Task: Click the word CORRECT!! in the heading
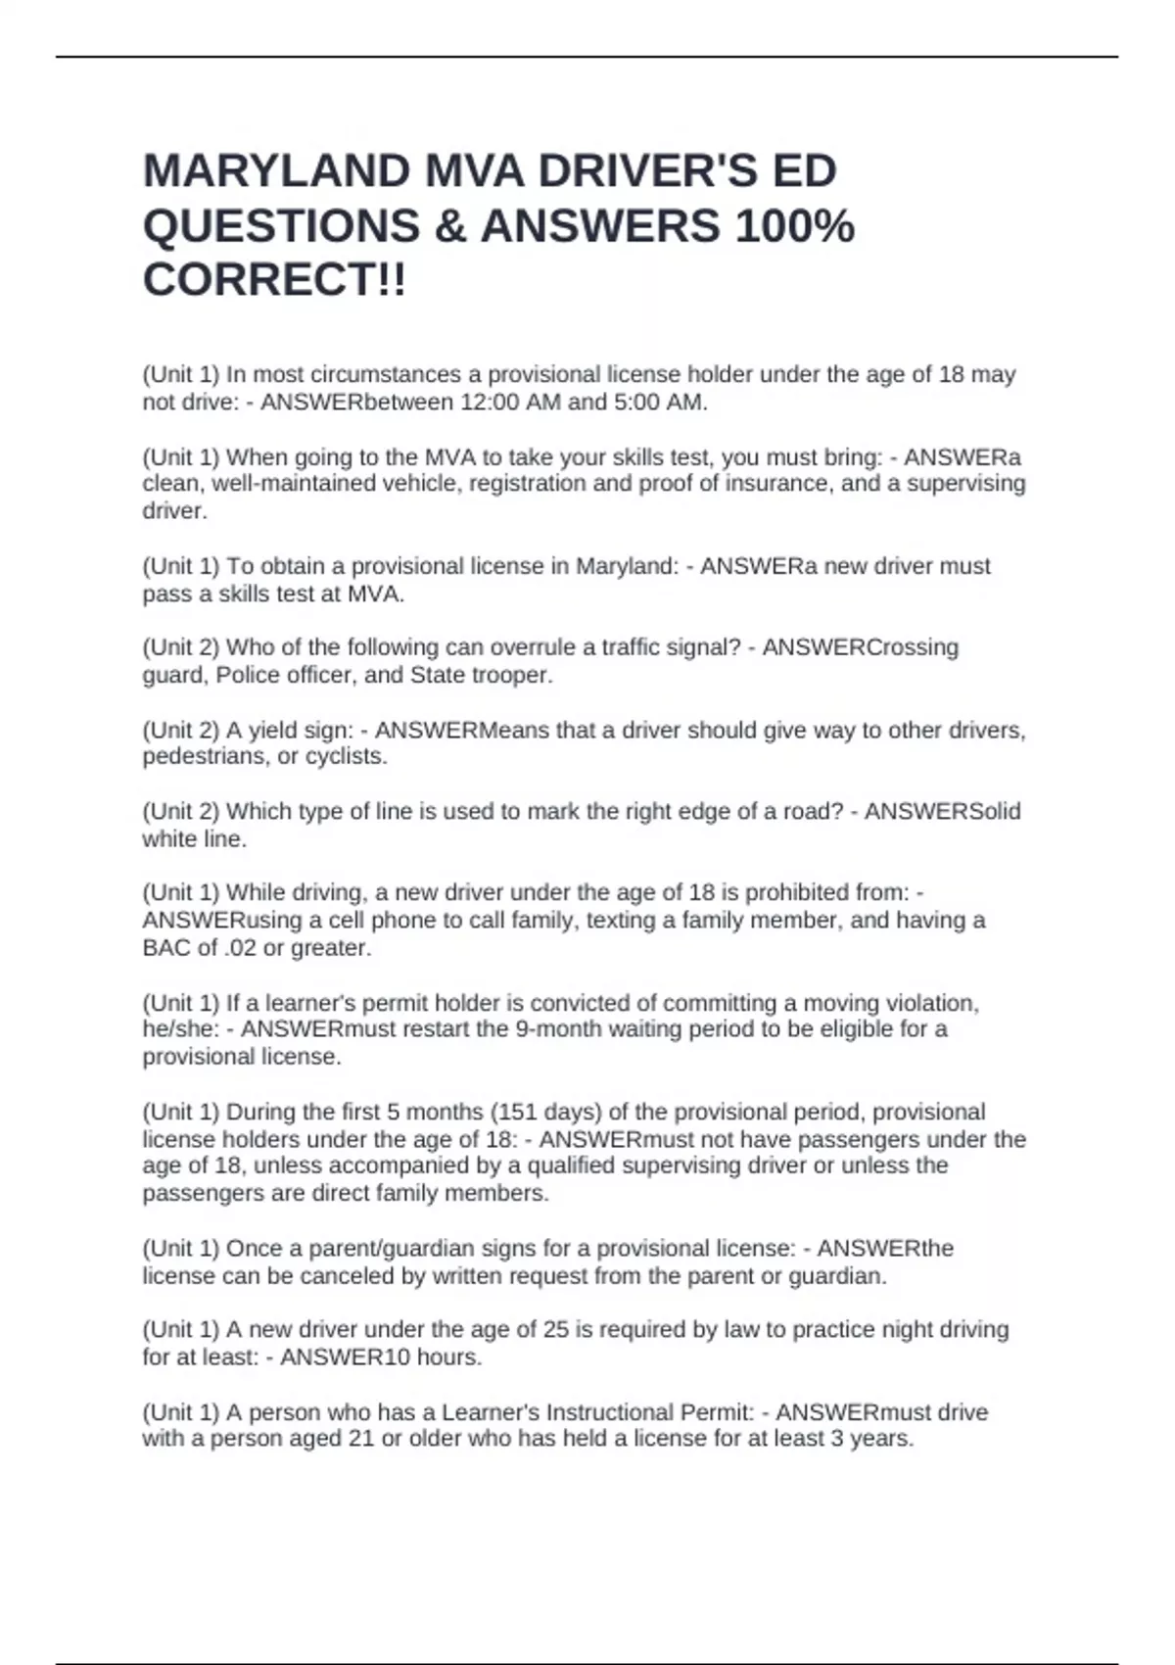pos(274,281)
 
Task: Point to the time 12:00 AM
pos(511,403)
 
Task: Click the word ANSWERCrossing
pos(860,647)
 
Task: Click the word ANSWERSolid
pos(942,812)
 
